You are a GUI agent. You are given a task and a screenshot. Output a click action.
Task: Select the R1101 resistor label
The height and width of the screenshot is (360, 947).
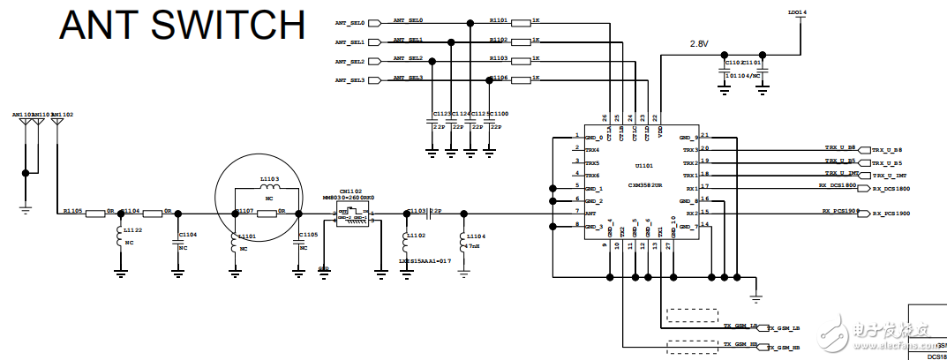[x=499, y=18]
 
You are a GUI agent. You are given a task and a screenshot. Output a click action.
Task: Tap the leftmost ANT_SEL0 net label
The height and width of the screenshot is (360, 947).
[x=350, y=22]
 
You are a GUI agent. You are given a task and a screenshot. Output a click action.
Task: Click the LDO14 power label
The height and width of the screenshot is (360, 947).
[x=796, y=12]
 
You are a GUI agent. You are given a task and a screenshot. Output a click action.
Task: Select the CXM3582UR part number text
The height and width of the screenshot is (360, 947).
[x=646, y=186]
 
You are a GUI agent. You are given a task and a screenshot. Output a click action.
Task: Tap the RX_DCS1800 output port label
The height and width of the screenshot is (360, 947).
[x=891, y=189]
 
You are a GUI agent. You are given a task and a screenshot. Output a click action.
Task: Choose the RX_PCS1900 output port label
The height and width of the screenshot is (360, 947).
[x=891, y=214]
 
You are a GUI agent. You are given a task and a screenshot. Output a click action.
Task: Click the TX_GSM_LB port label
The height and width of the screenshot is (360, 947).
[x=783, y=327]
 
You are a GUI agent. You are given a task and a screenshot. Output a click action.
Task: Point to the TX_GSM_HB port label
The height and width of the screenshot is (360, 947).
[x=783, y=349]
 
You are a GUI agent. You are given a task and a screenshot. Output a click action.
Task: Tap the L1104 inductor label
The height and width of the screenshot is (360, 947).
[x=474, y=237]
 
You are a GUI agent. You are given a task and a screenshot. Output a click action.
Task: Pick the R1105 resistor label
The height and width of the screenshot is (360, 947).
[x=72, y=212]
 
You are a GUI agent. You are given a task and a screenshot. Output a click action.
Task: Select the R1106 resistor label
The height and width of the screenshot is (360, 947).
[x=499, y=78]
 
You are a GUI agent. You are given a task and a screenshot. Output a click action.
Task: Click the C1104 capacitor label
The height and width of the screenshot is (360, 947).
[x=187, y=235]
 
